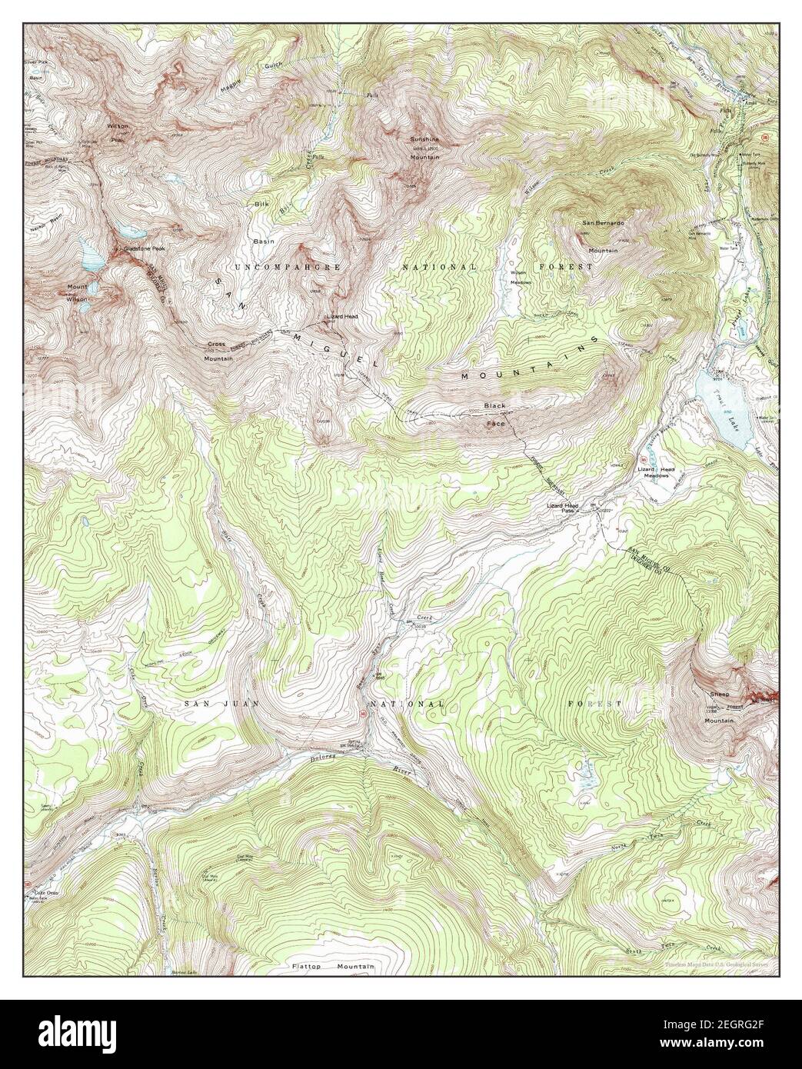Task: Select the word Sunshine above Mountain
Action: click(x=423, y=139)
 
